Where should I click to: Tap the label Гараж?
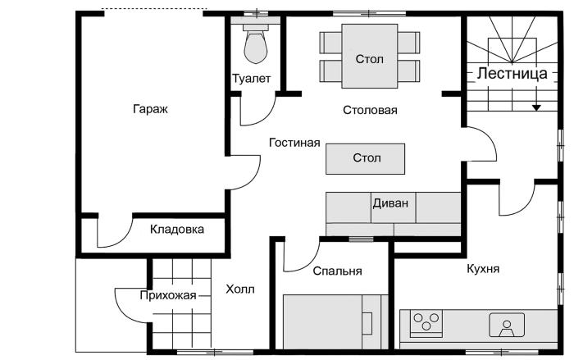point(150,109)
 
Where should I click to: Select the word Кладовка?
point(177,230)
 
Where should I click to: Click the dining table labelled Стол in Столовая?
point(369,56)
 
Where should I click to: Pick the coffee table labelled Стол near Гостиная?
point(366,158)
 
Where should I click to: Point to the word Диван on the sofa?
point(390,203)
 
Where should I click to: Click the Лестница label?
point(512,74)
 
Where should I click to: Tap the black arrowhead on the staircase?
point(536,107)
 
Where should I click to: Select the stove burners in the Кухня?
point(426,321)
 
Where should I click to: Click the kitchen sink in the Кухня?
point(507,325)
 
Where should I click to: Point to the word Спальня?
point(337,271)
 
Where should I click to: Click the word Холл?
point(240,289)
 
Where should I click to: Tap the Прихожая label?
point(168,295)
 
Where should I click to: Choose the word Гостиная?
point(294,143)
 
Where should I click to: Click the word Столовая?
point(370,110)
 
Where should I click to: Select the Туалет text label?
point(252,79)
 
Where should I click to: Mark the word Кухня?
point(483,269)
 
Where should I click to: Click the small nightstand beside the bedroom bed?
point(367,323)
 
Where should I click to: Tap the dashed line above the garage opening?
point(154,9)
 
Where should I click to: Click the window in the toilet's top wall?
point(256,14)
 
